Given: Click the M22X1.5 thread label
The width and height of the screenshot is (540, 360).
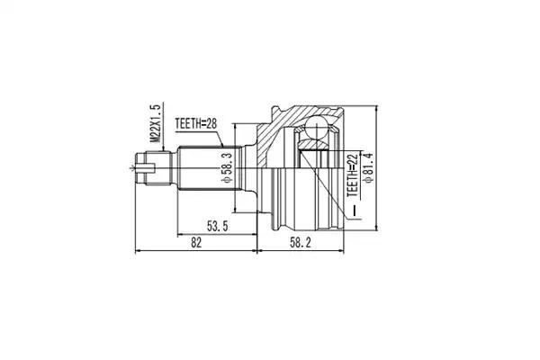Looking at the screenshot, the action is point(157,123).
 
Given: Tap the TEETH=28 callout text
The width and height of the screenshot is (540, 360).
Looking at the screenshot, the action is point(196,123).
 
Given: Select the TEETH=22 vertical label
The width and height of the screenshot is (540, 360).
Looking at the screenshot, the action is point(353,175).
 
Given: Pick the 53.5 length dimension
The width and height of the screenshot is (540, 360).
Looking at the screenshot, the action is point(217,226).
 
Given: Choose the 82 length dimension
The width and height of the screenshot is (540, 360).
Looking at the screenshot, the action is point(196,243).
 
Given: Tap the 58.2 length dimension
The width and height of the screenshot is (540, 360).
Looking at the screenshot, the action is point(301,243).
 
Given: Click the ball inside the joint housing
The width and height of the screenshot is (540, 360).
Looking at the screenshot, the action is point(316,127).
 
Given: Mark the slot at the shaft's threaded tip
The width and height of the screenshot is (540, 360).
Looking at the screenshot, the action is point(146,168).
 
